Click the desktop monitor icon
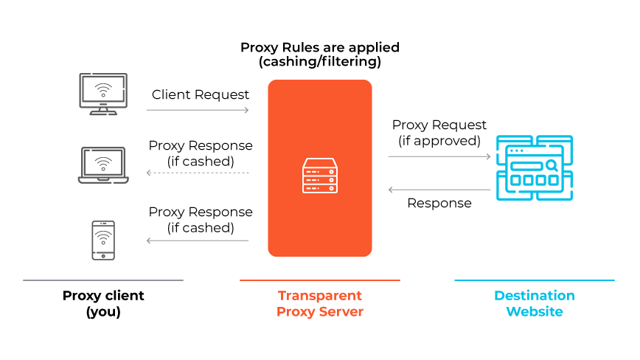click(x=103, y=94)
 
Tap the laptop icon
click(x=103, y=165)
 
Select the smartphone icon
click(x=103, y=240)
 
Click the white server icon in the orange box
click(x=320, y=176)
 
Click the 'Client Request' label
click(x=201, y=94)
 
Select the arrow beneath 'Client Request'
click(x=198, y=110)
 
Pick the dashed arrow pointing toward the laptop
click(x=198, y=173)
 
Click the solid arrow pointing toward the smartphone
click(x=198, y=240)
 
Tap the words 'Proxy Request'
click(x=439, y=125)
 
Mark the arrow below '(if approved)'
click(x=439, y=156)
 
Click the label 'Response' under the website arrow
click(x=439, y=203)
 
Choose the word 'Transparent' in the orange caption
click(x=320, y=296)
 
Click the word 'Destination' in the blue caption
click(x=534, y=296)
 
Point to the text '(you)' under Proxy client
click(x=103, y=311)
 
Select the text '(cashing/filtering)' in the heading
click(x=320, y=63)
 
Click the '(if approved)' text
click(x=439, y=140)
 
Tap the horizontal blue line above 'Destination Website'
click(x=534, y=280)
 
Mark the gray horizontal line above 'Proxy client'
click(x=103, y=280)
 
